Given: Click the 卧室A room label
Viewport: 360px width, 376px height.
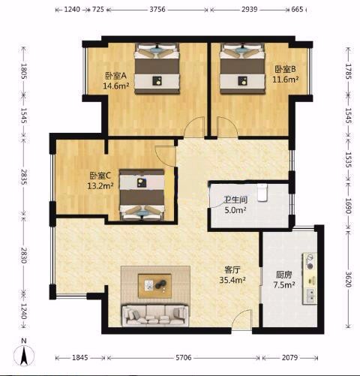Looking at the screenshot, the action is [x=115, y=76].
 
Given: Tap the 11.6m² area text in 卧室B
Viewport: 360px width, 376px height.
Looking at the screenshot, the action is [x=286, y=80].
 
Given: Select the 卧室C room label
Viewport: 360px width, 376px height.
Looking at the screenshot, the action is [x=100, y=176].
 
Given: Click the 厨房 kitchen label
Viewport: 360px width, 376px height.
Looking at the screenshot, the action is [x=283, y=275].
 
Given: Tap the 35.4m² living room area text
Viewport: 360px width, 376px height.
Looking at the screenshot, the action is [x=232, y=280].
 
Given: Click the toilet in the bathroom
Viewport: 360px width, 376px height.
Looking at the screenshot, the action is [x=262, y=193].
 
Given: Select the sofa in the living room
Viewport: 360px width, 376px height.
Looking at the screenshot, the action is [x=155, y=315].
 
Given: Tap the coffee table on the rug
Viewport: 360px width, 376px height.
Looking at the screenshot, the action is [x=154, y=286].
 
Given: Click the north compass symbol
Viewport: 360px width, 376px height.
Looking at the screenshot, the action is [x=24, y=354].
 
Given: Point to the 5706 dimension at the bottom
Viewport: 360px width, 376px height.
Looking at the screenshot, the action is [x=184, y=358].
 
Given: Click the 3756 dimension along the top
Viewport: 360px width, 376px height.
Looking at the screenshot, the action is [x=157, y=10].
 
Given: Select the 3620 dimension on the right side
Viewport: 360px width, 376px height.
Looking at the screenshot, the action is [x=348, y=278].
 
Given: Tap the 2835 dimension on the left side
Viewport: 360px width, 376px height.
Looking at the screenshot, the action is [x=23, y=177].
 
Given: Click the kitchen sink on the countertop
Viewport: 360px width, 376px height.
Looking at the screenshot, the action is [x=310, y=295].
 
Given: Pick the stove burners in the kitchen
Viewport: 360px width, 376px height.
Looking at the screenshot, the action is [x=310, y=262].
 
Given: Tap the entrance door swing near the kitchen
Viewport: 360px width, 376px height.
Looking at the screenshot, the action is [x=241, y=320].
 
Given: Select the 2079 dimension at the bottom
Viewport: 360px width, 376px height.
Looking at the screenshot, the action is [x=289, y=358].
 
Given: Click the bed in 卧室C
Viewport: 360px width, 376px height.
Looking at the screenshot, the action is [x=142, y=195].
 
